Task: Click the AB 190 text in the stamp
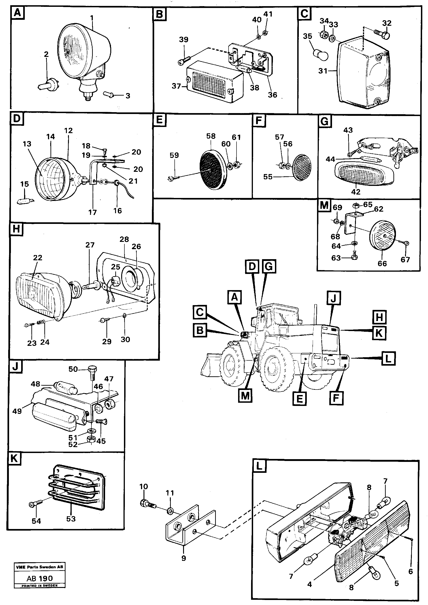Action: tap(40, 578)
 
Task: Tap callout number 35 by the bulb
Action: tap(307, 36)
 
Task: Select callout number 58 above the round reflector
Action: tap(211, 136)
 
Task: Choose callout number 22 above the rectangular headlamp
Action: tap(38, 258)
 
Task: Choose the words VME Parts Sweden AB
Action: tap(40, 567)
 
